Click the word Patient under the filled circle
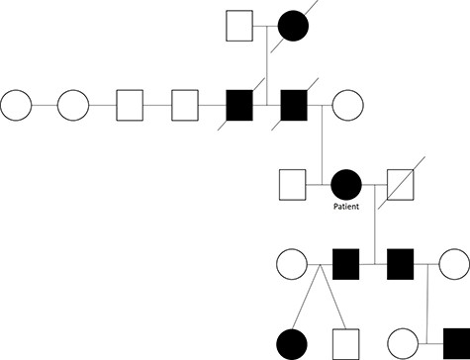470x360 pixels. pos(344,209)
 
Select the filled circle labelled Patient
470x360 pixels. pos(344,184)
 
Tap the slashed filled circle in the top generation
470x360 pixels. pos(294,24)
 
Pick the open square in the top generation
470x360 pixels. pos(238,24)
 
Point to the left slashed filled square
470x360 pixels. pos(238,103)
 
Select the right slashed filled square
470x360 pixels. pos(294,103)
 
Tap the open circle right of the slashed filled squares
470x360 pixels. pos(348,103)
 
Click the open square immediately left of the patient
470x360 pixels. pos(291,184)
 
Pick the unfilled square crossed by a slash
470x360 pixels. pos(400,184)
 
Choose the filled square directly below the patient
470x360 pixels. pos(344,264)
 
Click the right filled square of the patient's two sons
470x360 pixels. pos(400,264)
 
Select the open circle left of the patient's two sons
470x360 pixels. pos(290,264)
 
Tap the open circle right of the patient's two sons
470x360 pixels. pos(454,264)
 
